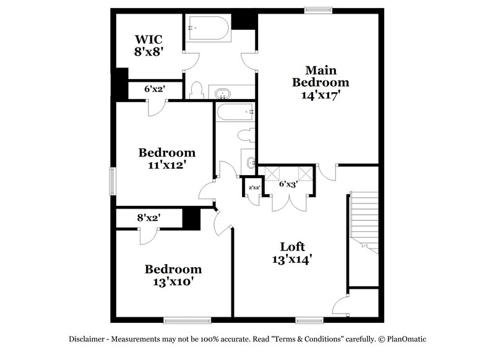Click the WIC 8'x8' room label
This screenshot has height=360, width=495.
(x=148, y=46)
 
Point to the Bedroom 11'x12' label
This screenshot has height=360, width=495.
(x=166, y=158)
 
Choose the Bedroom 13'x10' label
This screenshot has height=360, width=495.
(x=173, y=275)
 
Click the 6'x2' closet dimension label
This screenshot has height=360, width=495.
(x=154, y=89)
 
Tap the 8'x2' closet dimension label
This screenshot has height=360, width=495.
(x=148, y=218)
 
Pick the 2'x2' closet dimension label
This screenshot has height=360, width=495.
(x=254, y=187)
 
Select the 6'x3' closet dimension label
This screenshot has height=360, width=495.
(x=289, y=184)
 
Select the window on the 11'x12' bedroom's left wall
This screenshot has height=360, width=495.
(x=112, y=182)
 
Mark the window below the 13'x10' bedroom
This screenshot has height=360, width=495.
(x=186, y=320)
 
